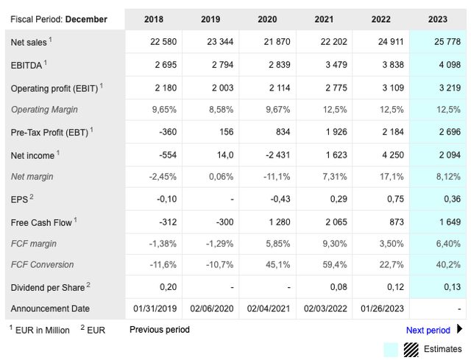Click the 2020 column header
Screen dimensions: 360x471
point(268,19)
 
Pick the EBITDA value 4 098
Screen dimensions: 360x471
point(447,65)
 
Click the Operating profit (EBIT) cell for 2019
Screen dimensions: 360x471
point(221,88)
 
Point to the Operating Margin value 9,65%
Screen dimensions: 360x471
point(164,110)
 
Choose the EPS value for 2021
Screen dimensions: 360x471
point(339,200)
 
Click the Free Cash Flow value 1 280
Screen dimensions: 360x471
point(278,222)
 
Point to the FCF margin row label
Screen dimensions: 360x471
point(34,244)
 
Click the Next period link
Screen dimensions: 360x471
point(428,331)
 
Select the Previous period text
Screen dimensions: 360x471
point(160,330)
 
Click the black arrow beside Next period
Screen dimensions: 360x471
point(460,330)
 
